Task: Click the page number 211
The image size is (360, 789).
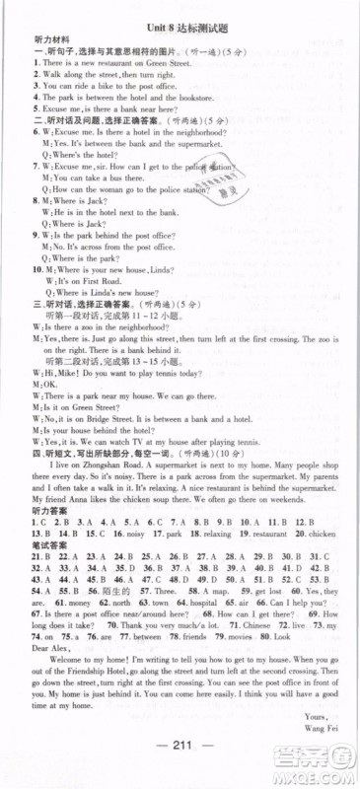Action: click(x=179, y=770)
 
